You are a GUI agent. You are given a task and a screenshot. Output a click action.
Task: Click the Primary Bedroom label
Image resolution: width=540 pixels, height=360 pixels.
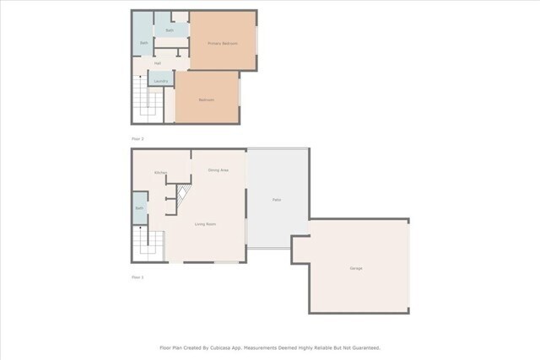(223, 43)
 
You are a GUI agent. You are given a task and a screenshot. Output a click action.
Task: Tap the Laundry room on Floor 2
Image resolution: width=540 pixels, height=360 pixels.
(160, 81)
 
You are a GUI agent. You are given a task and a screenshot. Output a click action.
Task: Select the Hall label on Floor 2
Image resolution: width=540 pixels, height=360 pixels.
(158, 63)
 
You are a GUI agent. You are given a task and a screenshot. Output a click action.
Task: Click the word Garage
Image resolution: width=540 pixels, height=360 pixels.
(356, 268)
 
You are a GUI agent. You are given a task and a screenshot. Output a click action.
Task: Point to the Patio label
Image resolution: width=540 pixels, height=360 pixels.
(276, 199)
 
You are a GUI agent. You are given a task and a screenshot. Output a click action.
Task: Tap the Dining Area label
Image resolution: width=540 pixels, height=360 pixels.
(218, 170)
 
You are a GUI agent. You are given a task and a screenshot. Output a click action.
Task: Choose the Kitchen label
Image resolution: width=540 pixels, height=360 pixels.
(160, 173)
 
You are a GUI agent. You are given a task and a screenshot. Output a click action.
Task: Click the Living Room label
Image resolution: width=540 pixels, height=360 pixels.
(205, 223)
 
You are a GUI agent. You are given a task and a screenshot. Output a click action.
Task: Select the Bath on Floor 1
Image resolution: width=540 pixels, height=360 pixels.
(139, 207)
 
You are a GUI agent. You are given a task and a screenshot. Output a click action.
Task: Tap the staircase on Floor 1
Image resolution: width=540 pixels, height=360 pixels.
(148, 244)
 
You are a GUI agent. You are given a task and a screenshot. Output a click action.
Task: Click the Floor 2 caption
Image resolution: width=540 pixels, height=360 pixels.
(138, 137)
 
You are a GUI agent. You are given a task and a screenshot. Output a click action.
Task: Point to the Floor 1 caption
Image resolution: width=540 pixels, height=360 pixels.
(138, 277)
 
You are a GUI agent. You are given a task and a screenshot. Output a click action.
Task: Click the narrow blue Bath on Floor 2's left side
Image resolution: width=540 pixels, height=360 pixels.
(143, 43)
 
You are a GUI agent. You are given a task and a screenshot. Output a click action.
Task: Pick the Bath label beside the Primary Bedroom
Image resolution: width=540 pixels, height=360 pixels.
(170, 30)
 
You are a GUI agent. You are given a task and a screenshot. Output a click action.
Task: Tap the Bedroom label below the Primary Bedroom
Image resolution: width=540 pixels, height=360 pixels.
(206, 100)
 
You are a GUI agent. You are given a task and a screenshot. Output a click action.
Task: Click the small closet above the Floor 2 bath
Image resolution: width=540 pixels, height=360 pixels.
(179, 16)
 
